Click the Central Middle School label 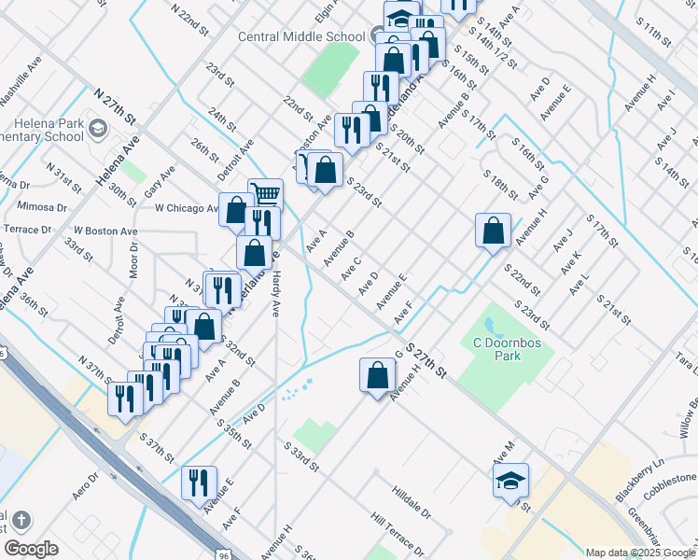[x=301, y=37]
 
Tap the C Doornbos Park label [x=507, y=348]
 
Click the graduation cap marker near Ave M [x=510, y=481]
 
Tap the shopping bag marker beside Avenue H [x=493, y=231]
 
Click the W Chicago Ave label [x=187, y=208]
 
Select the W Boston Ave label [x=105, y=230]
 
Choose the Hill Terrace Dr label [x=396, y=533]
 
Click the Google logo [x=30, y=549]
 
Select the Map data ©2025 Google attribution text [x=639, y=553]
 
